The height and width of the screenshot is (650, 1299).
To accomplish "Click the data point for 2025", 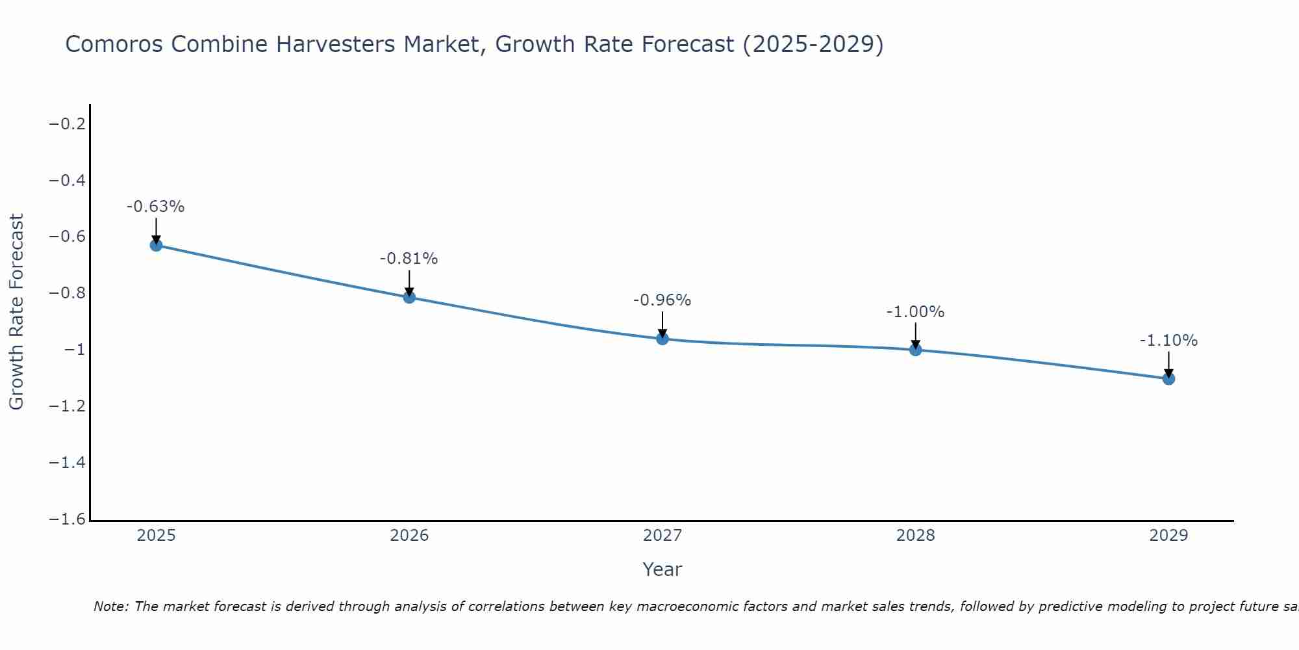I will (x=156, y=245).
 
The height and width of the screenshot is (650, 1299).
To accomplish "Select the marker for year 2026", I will (x=409, y=297).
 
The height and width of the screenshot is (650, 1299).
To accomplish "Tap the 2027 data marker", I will (x=662, y=339).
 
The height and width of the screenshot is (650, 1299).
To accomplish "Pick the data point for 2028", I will (x=916, y=350).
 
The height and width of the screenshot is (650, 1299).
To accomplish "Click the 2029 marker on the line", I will (x=1168, y=378).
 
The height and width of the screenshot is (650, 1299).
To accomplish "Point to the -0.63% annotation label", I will (x=155, y=207).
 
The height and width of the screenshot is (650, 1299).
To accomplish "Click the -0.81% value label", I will (x=409, y=259).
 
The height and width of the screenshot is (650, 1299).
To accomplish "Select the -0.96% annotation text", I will (x=662, y=300).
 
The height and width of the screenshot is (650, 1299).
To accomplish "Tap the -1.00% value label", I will (x=915, y=312).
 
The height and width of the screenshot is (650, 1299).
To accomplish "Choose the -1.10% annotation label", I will (x=1168, y=341).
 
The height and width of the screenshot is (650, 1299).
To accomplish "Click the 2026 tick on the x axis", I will (x=409, y=536).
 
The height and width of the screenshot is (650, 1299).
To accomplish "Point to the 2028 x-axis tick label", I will (x=916, y=536).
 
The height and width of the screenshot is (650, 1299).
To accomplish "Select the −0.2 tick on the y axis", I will (x=68, y=123).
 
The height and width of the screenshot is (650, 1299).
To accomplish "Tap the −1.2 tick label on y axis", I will (x=68, y=406).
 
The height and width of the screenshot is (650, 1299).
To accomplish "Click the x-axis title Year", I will (x=662, y=569).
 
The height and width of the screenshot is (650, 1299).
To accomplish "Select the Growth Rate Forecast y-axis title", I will (x=16, y=312).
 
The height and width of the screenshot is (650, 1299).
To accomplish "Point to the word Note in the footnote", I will (x=112, y=606).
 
